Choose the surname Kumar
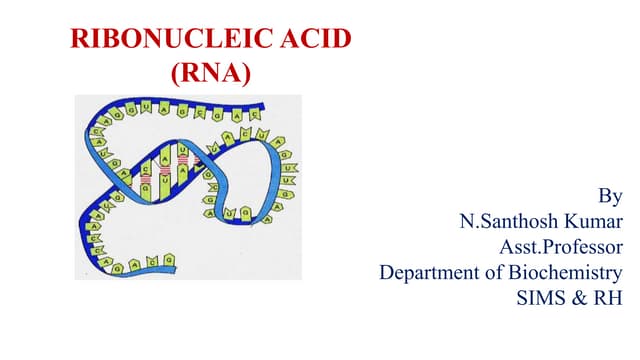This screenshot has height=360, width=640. click(595, 221)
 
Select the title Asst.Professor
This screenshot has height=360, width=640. click(561, 246)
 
